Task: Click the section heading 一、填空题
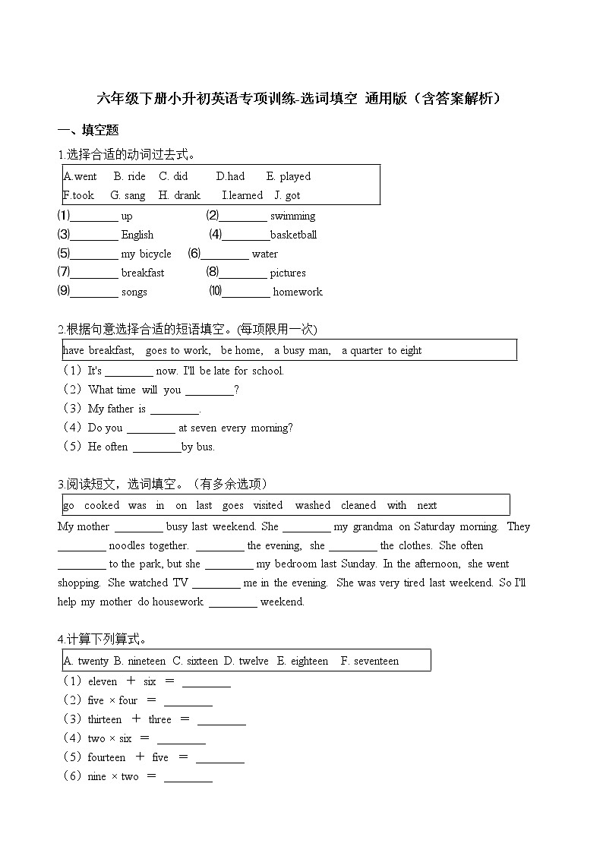click(x=88, y=130)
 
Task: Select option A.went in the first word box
click(x=81, y=176)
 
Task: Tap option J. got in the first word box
click(x=287, y=195)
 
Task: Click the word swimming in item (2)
click(x=292, y=216)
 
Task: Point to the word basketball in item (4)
click(x=293, y=235)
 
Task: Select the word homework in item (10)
click(x=298, y=292)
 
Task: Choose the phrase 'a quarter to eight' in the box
click(x=381, y=350)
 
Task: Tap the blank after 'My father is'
click(x=174, y=409)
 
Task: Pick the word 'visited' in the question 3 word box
click(x=267, y=505)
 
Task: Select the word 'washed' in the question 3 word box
click(x=313, y=505)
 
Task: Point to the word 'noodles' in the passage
click(x=127, y=545)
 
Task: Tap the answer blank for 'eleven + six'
click(x=206, y=682)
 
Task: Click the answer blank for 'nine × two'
click(x=188, y=777)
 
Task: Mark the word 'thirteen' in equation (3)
click(x=105, y=719)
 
